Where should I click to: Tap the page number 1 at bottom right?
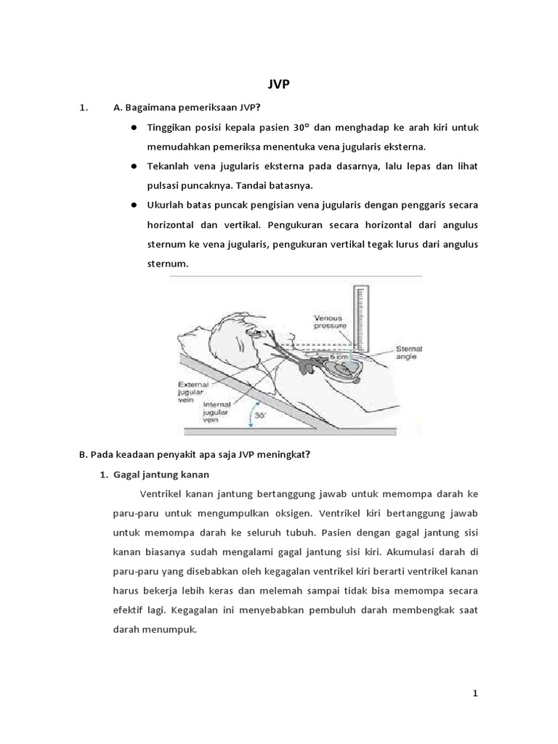coord(475,693)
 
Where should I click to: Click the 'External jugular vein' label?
coord(192,391)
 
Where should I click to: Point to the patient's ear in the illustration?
coord(250,332)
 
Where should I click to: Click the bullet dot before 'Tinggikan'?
coord(135,127)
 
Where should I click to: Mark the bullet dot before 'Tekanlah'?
coord(135,166)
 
